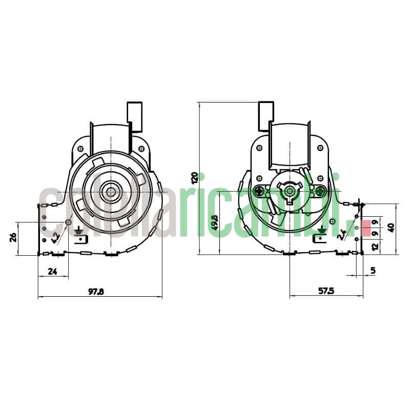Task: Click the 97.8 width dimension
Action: (96, 292)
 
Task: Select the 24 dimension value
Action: (52, 272)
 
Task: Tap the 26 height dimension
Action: (14, 237)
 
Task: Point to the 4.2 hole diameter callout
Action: (55, 237)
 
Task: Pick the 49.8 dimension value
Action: (215, 222)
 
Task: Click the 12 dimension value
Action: (375, 247)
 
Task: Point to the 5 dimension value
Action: (373, 270)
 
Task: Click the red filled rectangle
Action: (366, 228)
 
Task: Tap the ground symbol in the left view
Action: (79, 232)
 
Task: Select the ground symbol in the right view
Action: (321, 232)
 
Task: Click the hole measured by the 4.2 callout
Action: (68, 222)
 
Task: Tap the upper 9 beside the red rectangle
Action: (375, 222)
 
